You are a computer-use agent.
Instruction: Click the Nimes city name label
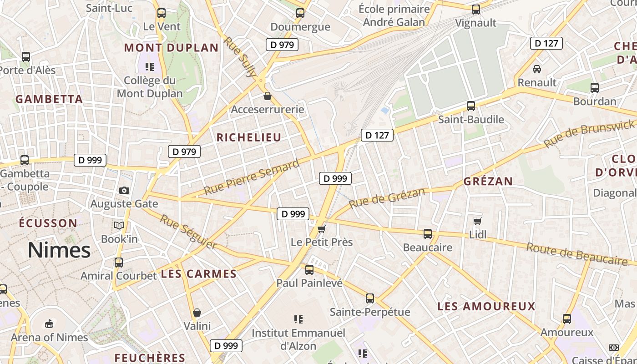point(59,250)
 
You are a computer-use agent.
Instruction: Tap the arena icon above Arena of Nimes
point(49,324)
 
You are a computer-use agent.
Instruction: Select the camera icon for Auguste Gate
point(124,190)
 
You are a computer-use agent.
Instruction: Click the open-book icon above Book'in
point(119,225)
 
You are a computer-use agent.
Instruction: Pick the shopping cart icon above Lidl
point(477,221)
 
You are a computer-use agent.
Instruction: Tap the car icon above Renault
point(537,69)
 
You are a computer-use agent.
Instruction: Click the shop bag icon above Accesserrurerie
point(268,96)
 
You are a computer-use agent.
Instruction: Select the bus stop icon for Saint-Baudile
point(471,106)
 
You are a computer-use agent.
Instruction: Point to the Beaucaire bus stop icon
point(428,234)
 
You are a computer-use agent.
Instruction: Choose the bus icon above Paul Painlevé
point(309,270)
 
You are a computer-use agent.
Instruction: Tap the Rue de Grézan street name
point(387,198)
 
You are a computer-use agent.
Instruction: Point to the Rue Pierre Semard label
point(251,177)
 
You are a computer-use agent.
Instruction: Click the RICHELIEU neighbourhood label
point(249,137)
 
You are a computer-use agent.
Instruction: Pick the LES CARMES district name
point(199,274)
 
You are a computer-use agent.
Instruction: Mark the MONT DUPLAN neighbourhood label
point(171,48)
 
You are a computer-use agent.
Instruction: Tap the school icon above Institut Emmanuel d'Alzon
point(298,319)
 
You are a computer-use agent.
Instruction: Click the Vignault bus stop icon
point(476,10)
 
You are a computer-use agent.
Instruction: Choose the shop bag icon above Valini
point(197,313)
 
